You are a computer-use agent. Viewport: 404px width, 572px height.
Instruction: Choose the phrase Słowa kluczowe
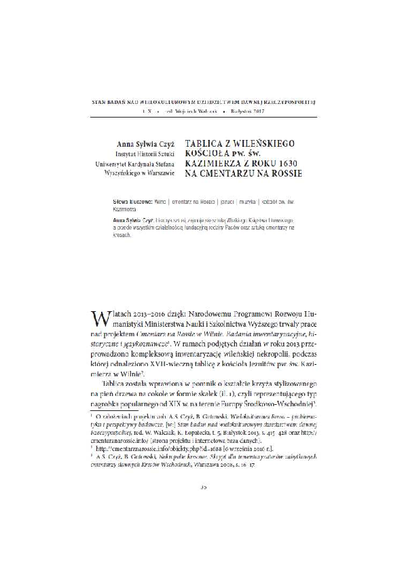(x=134, y=203)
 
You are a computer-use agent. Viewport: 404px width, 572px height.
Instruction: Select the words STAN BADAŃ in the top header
(x=110, y=100)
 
